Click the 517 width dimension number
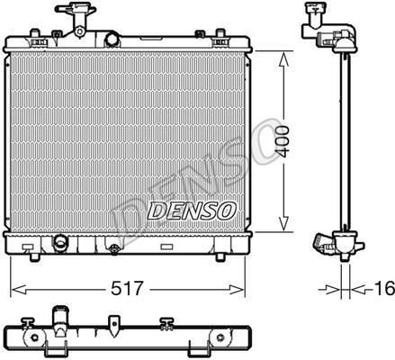pos(126,288)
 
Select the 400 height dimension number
pos(283,141)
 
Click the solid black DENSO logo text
pos(192,211)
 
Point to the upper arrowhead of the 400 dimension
pos(283,59)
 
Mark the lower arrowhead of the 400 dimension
pos(283,223)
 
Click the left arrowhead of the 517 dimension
pos(18,290)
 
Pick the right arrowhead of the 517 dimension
pos(238,290)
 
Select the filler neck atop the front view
pos(77,19)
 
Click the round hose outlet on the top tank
pos(112,39)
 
